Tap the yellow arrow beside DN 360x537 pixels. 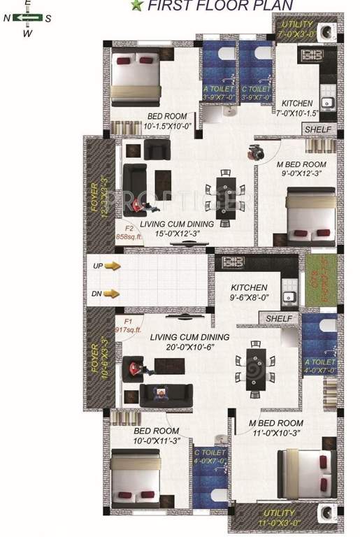(112, 294)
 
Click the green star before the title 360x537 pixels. (136, 6)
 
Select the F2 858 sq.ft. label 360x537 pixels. (129, 232)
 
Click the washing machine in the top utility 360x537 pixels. (326, 33)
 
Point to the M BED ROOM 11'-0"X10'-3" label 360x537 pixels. (276, 428)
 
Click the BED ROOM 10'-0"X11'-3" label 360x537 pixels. (156, 436)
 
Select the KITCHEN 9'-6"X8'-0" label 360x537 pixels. (249, 292)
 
